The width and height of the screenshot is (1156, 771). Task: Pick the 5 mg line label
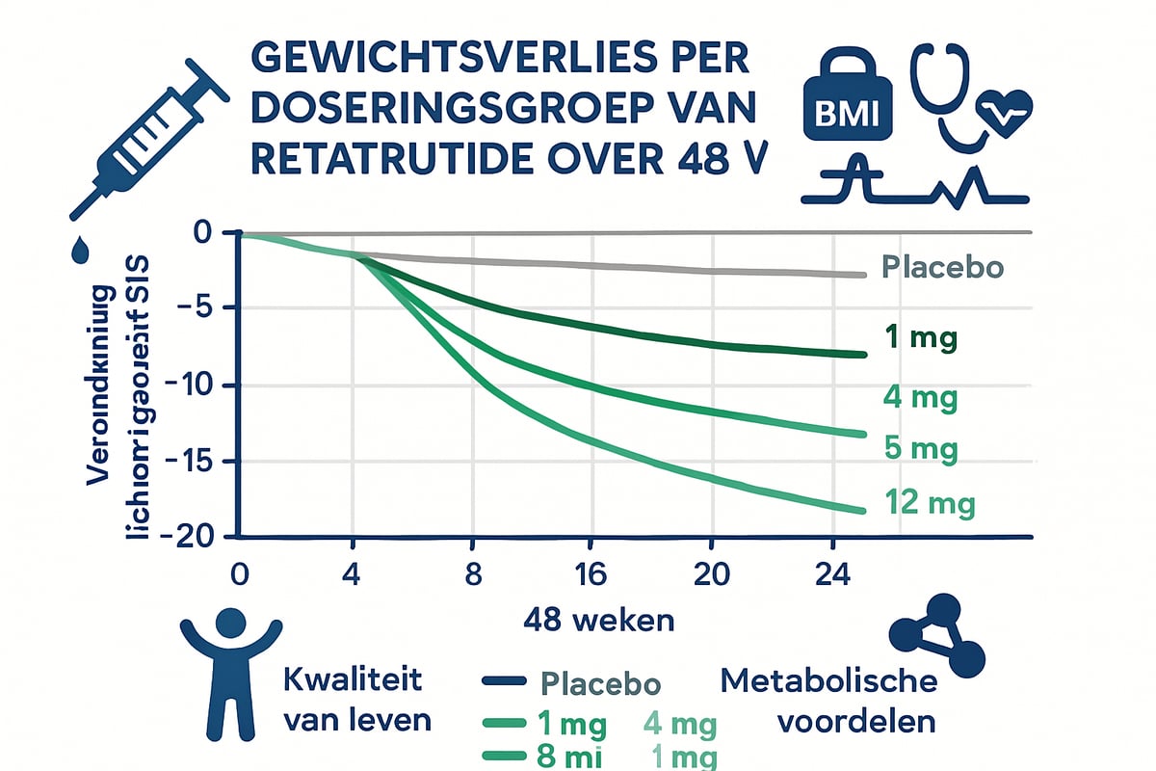tap(921, 448)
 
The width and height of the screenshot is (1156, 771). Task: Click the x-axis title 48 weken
tap(598, 620)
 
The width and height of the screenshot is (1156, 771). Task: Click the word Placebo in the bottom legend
tap(600, 684)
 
